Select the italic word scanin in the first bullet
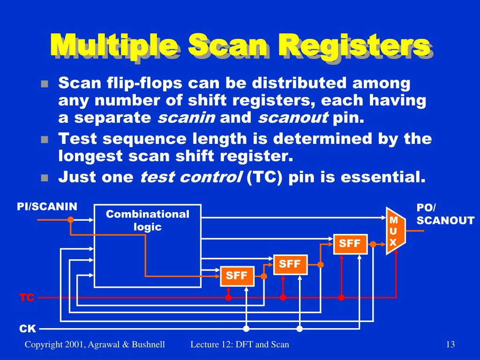[186, 119]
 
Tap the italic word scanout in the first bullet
[293, 119]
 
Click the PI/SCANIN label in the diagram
[47, 207]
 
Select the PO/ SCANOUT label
[445, 214]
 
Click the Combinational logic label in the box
[147, 220]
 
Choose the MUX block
[394, 231]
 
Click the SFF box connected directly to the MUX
[350, 243]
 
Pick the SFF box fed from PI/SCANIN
[237, 276]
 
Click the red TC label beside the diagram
[27, 298]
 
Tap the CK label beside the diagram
[27, 329]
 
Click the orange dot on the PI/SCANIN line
[70, 219]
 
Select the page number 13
[450, 345]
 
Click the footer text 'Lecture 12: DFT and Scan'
[240, 345]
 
